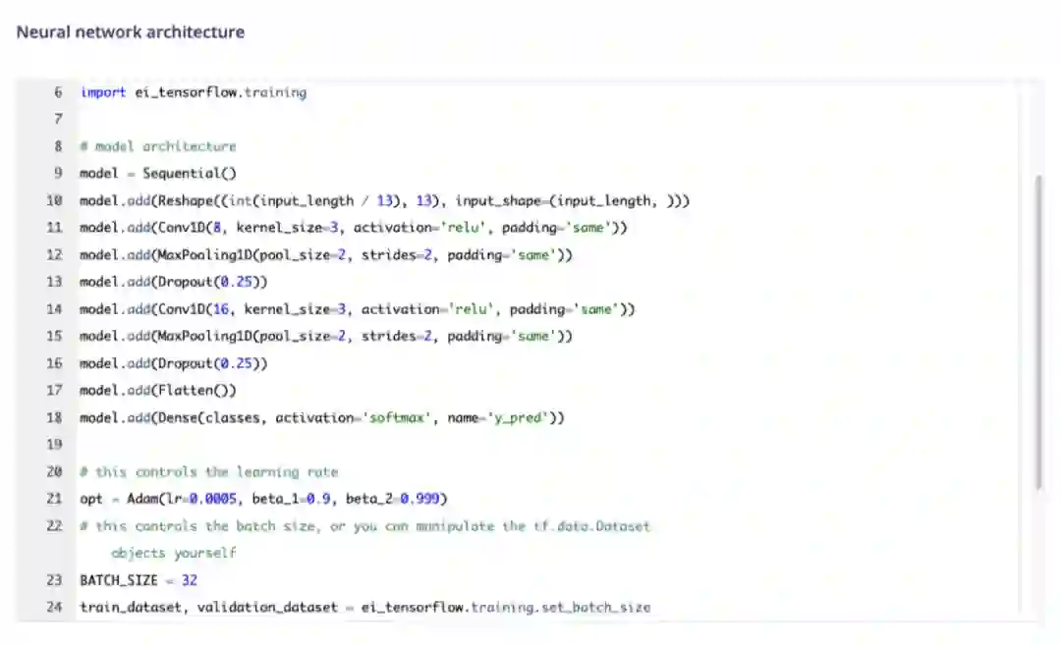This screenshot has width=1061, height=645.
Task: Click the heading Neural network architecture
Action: click(131, 31)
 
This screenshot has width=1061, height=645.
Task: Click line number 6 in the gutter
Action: click(58, 92)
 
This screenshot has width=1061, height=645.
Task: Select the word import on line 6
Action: click(102, 92)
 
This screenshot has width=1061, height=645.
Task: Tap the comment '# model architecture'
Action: click(158, 146)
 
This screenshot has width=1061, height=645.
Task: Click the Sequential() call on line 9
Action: click(190, 174)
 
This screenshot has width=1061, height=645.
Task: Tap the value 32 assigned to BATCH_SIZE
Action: click(190, 580)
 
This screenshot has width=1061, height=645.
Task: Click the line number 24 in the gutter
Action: click(55, 607)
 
